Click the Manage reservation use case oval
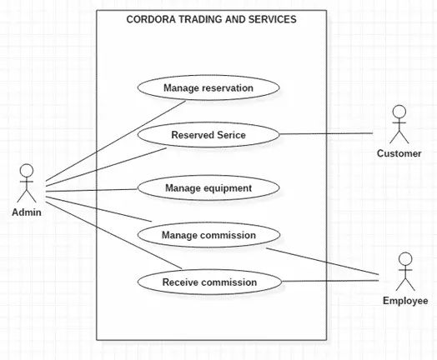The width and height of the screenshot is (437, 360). (208, 87)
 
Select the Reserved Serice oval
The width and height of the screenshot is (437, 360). (208, 133)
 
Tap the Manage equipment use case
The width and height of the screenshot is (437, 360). (208, 187)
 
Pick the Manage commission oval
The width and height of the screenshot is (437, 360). (208, 235)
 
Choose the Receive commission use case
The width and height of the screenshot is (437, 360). (209, 282)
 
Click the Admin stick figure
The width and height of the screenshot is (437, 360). (27, 182)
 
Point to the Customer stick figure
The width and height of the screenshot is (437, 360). (399, 124)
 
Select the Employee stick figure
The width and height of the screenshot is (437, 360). (404, 271)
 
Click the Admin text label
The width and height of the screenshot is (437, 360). (27, 212)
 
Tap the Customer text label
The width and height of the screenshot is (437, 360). (399, 153)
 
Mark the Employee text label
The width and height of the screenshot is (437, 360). (404, 300)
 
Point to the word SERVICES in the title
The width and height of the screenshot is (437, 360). (273, 18)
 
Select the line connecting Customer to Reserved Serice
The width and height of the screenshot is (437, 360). (325, 133)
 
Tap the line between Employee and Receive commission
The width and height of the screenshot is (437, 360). (334, 281)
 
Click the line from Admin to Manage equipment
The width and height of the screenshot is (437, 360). (92, 191)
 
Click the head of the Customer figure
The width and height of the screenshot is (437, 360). (399, 112)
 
